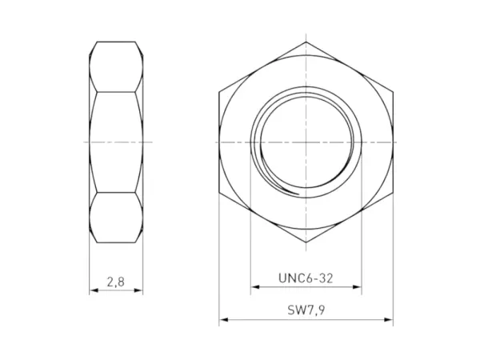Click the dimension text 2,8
(116, 282)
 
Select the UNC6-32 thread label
(306, 278)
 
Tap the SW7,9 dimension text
(306, 310)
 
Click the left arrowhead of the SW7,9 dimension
(223, 321)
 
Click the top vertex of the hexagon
(306, 41)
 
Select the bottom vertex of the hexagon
(306, 242)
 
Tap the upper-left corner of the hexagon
(219, 91)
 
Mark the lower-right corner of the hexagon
(394, 192)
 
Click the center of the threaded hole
(306, 142)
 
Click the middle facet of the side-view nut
(117, 142)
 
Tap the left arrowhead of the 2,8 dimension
(92, 290)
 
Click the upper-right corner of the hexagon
(394, 91)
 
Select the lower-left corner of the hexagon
(219, 192)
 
